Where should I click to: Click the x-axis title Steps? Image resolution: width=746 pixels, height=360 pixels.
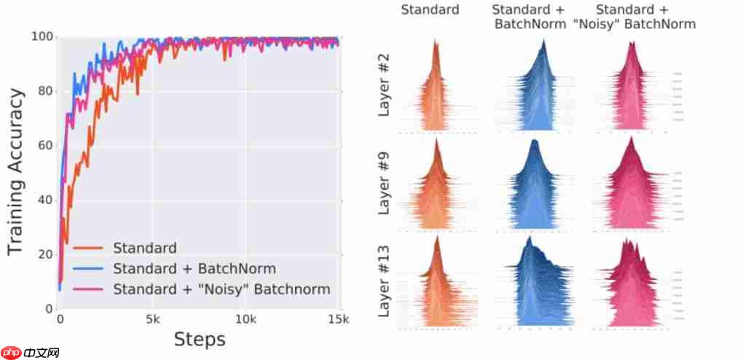click(x=199, y=339)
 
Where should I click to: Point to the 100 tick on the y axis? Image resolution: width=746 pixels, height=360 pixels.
click(x=45, y=37)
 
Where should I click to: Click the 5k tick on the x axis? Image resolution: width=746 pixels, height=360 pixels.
click(x=152, y=318)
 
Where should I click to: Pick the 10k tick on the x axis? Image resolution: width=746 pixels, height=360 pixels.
click(x=246, y=318)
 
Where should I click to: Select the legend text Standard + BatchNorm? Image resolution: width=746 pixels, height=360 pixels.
click(x=195, y=269)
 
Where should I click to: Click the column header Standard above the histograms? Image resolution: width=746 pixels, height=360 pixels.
click(x=431, y=10)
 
